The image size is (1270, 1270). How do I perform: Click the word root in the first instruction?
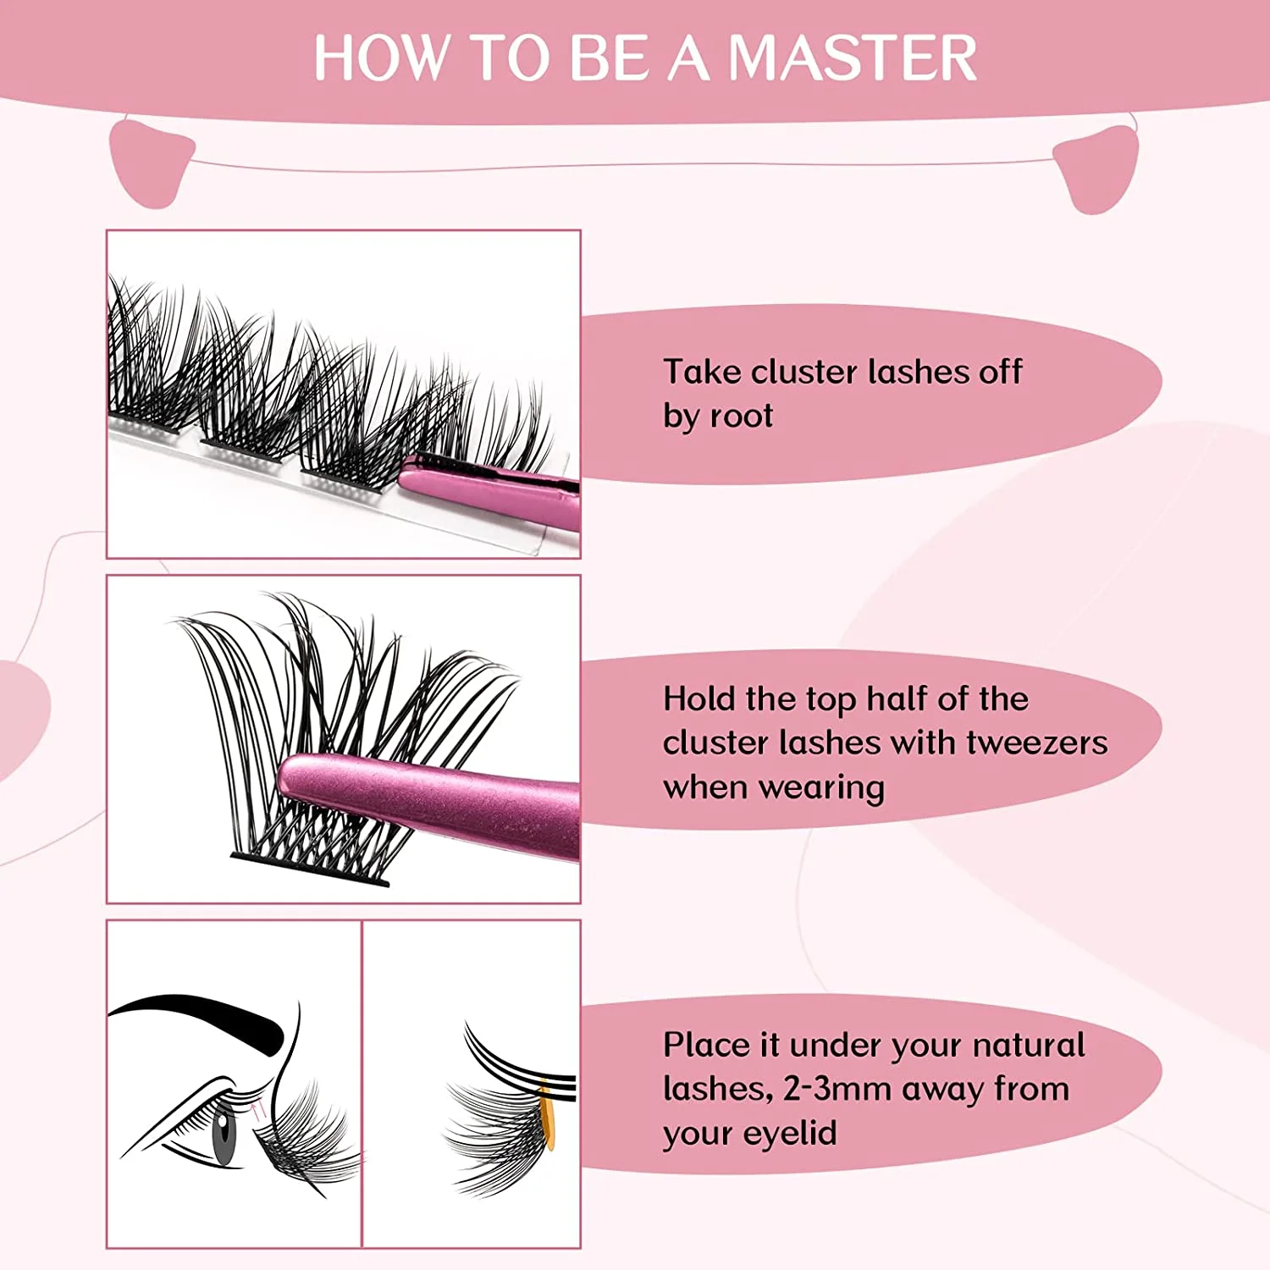[x=742, y=416]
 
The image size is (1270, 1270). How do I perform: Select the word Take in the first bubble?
[x=701, y=372]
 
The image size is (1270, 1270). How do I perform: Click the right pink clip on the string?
[x=1097, y=168]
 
